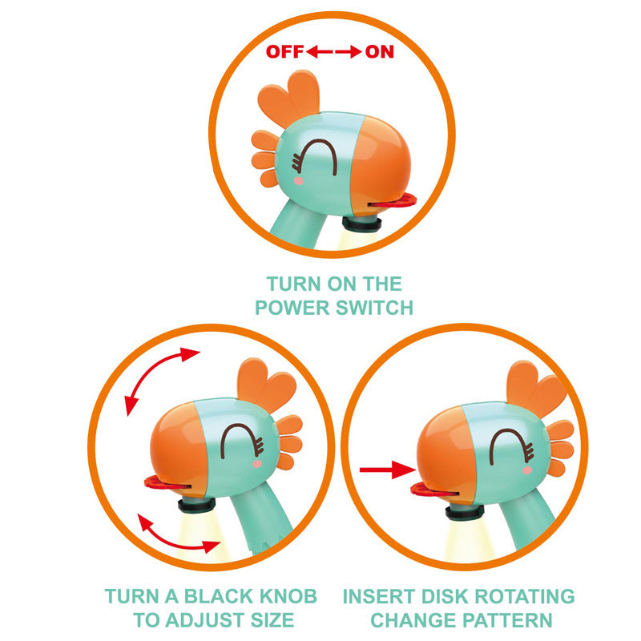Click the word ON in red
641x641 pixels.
pos(380,52)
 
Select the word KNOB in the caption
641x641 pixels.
pos(284,596)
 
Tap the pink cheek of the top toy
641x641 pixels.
pos(299,180)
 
